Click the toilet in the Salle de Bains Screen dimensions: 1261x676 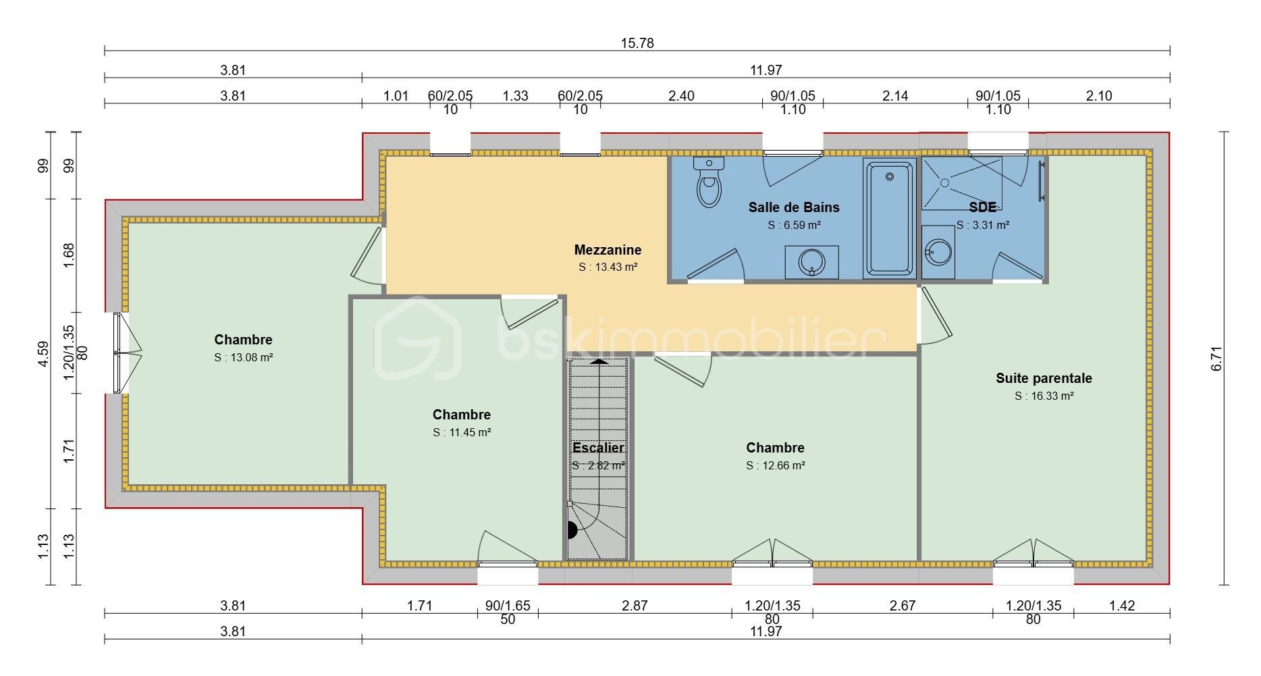[708, 182]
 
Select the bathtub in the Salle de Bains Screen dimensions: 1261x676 [890, 219]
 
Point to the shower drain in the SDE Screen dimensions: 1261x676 [946, 182]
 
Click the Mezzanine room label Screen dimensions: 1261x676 [608, 250]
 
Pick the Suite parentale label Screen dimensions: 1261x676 [1044, 378]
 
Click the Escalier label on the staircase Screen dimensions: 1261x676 [598, 448]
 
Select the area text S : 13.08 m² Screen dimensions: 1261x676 [243, 357]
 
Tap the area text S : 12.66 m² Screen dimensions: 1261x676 [776, 465]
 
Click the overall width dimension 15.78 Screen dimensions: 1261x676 [637, 43]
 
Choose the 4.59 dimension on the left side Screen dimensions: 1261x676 [43, 354]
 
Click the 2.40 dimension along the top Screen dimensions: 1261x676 [681, 96]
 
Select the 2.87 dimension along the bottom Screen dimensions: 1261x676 [635, 605]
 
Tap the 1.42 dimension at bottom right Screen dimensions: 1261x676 [1122, 605]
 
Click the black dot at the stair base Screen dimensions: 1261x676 [572, 530]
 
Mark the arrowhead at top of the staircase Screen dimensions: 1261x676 [598, 361]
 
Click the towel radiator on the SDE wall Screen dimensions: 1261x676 [1042, 180]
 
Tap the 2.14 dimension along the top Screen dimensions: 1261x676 [895, 96]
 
